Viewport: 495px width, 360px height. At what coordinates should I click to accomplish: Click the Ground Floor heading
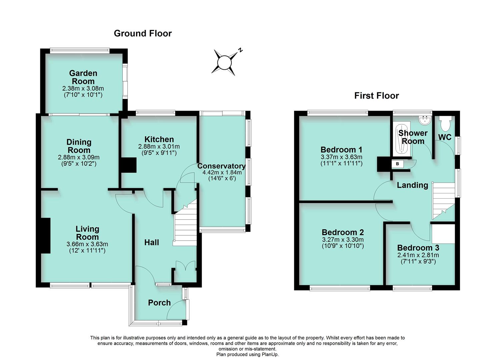pos(143,33)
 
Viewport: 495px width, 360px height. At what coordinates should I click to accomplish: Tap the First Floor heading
pos(376,96)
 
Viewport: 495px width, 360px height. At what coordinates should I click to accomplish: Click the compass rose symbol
pos(224,62)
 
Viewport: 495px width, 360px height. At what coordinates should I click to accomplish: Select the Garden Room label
pos(83,77)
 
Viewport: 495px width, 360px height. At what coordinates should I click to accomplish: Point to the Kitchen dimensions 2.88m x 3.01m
pos(159,147)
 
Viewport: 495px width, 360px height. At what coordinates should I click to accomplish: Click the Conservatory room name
pos(221,166)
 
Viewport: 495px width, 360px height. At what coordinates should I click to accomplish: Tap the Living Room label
pos(87,233)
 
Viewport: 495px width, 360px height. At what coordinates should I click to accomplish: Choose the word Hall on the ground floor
pos(151,243)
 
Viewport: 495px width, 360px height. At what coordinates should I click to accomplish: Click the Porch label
pos(159,303)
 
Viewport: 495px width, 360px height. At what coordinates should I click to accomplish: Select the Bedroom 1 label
pos(341,150)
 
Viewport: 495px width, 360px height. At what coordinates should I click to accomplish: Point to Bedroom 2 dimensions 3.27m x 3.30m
pos(343,240)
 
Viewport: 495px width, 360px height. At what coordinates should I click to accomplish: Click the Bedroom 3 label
pos(418,248)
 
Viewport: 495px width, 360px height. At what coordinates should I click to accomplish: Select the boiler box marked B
pos(397,164)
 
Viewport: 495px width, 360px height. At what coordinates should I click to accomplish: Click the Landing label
pos(412,185)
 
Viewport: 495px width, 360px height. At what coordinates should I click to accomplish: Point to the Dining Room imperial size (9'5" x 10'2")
pos(79,164)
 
